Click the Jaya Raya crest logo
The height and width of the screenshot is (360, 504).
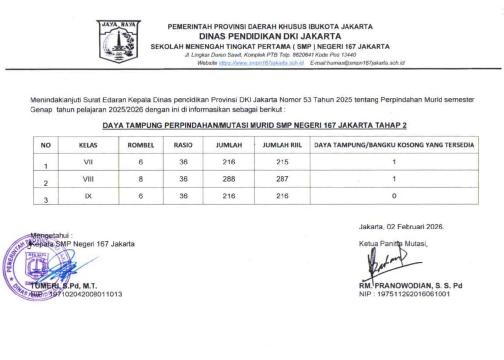pyautogui.click(x=119, y=41)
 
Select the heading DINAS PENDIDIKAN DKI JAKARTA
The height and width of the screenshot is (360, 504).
pyautogui.click(x=270, y=36)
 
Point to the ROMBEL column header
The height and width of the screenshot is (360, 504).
pyautogui.click(x=141, y=145)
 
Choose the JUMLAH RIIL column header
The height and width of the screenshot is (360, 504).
pyautogui.click(x=282, y=145)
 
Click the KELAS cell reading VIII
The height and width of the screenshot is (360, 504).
pyautogui.click(x=88, y=179)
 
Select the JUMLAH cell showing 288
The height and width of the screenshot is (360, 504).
pyautogui.click(x=228, y=179)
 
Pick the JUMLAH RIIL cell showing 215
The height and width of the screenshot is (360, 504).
pyautogui.click(x=282, y=162)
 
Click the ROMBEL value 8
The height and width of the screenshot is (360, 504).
pyautogui.click(x=141, y=179)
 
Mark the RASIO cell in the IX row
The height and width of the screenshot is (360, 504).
pyautogui.click(x=183, y=196)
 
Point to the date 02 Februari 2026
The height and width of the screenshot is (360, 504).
pyautogui.click(x=415, y=227)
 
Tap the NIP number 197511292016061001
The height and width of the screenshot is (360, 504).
pyautogui.click(x=414, y=294)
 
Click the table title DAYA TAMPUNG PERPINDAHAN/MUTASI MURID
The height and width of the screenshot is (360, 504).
pyautogui.click(x=254, y=126)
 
